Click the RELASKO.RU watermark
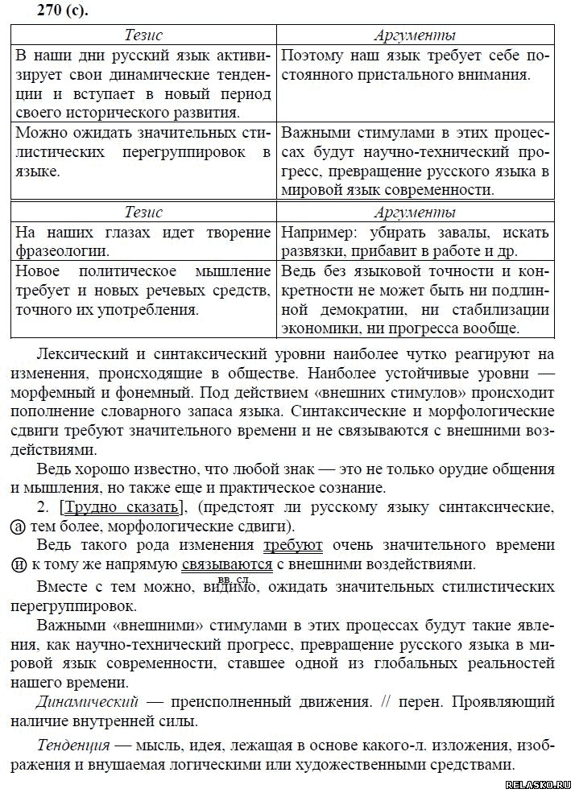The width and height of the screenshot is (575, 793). click(x=538, y=784)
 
